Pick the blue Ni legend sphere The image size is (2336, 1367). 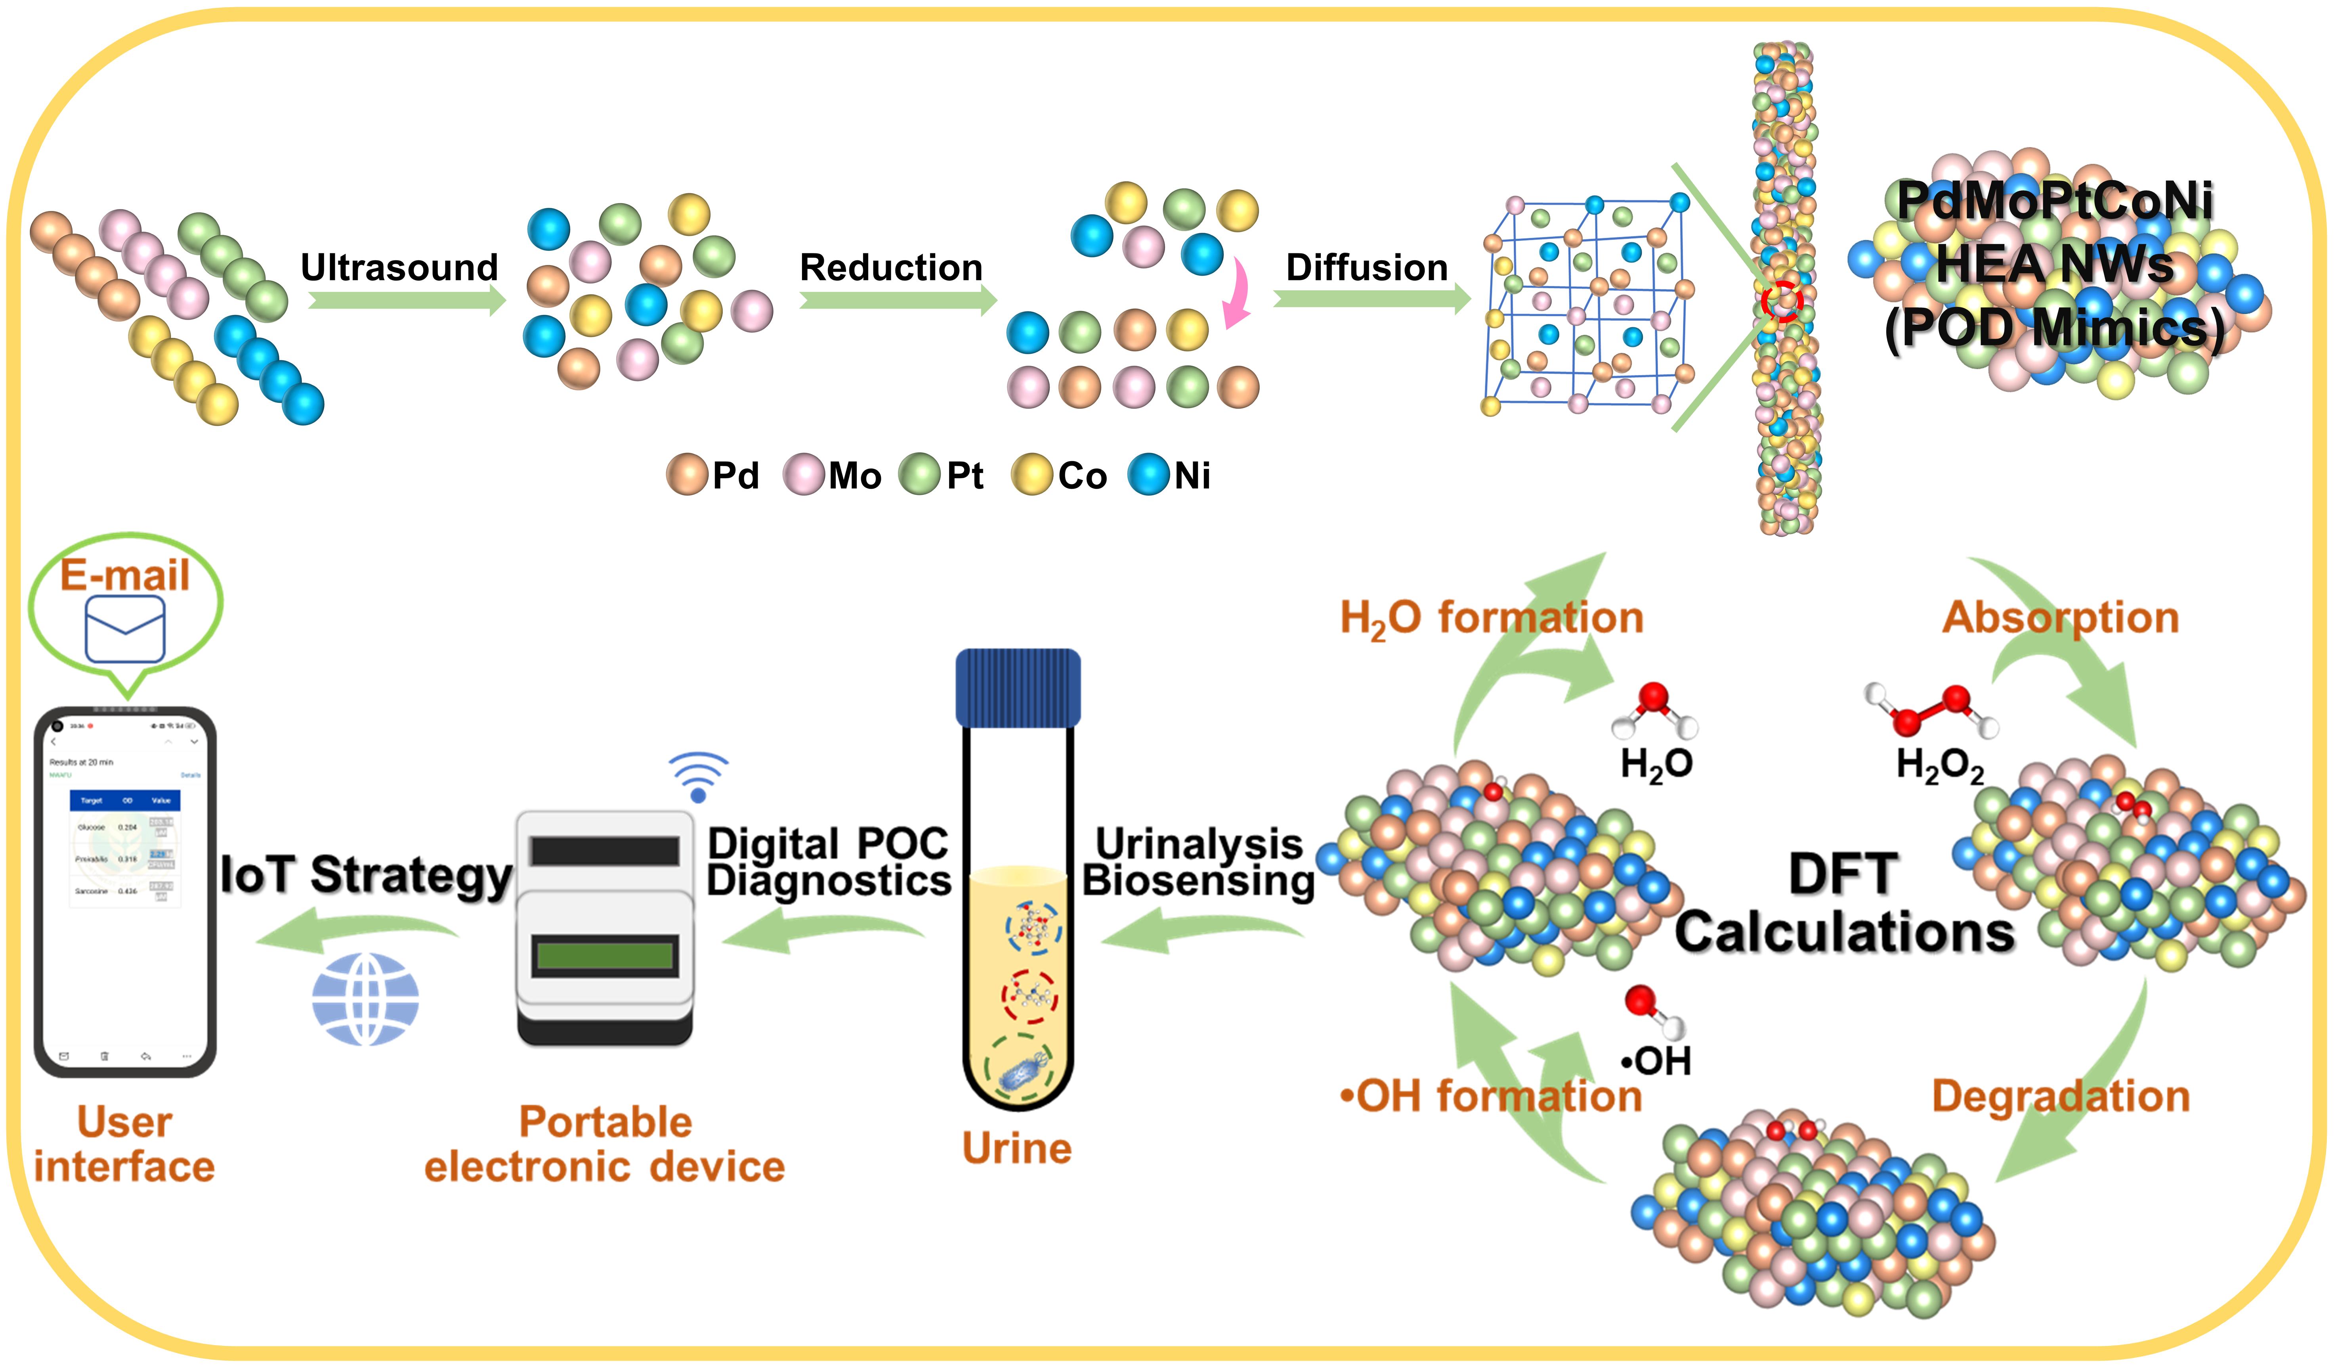(x=1148, y=475)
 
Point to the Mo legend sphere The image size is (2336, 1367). (x=803, y=475)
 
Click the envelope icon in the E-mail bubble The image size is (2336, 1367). (x=125, y=629)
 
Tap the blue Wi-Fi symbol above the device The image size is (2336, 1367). (x=698, y=777)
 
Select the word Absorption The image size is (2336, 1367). (x=2060, y=617)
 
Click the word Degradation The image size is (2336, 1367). (x=2060, y=1096)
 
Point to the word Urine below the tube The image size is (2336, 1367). (x=1017, y=1148)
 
